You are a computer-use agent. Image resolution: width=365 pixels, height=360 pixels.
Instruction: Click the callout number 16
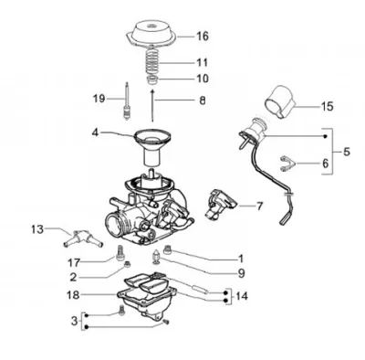coord(203,37)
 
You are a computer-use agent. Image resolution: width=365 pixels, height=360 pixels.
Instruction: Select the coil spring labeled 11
coord(152,61)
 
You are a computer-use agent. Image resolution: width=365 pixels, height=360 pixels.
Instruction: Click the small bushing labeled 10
coord(151,81)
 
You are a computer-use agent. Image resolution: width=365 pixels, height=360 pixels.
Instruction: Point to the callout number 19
coord(99,99)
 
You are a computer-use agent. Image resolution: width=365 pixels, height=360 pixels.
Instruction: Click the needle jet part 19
coord(126,101)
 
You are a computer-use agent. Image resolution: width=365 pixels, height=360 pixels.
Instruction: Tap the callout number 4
coord(95,132)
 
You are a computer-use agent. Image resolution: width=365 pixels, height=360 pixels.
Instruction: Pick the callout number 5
coord(347,151)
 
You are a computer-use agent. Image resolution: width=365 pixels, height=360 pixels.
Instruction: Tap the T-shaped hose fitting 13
coord(83,238)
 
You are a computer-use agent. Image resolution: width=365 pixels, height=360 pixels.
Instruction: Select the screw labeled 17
coord(120,252)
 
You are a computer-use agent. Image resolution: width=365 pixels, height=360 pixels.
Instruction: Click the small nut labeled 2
coord(128,264)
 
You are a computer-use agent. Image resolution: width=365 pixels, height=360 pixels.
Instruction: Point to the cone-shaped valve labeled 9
coord(157,257)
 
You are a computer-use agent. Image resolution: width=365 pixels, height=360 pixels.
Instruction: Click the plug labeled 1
coord(168,249)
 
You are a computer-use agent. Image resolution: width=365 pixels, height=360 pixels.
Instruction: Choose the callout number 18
coord(73,295)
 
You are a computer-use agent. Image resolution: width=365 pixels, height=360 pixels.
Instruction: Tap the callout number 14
coord(242,295)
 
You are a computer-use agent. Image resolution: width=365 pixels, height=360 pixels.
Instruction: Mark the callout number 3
coord(75,321)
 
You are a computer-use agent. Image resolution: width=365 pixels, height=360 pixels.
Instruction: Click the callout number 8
coord(203,101)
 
